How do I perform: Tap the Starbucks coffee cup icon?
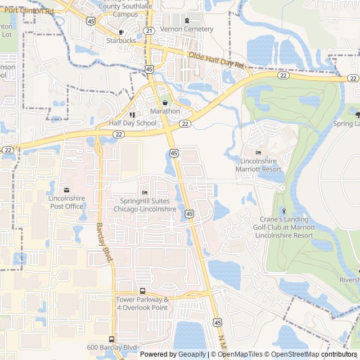coord(121,32)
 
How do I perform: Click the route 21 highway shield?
coord(148,30)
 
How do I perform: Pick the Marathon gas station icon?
coord(165,103)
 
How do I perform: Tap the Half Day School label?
coord(133,123)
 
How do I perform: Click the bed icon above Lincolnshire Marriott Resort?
coord(258,152)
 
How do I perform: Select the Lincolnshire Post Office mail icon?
coord(66,190)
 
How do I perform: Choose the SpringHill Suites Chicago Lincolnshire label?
coord(145,205)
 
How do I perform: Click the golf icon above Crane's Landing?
coord(283,210)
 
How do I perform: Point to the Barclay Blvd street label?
coord(105,242)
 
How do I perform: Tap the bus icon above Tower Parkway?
coord(142,291)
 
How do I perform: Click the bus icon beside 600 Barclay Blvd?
coord(111,339)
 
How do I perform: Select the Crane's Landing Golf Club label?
coord(284,227)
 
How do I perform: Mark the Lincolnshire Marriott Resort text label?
coord(260,164)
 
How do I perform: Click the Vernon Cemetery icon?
coord(187,21)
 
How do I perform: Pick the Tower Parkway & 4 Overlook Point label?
coord(142,303)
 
